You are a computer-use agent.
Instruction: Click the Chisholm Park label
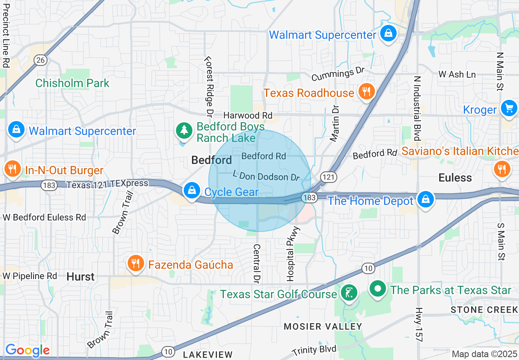(x=72, y=83)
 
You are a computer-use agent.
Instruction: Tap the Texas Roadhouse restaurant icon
(x=366, y=92)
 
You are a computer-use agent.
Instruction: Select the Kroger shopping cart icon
(x=509, y=108)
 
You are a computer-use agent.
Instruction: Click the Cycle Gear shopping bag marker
(x=191, y=190)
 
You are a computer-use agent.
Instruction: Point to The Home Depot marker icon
(x=426, y=200)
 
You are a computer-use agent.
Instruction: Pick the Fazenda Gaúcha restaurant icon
(x=135, y=263)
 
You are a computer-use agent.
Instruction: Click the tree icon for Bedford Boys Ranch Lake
(x=184, y=130)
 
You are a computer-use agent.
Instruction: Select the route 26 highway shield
(x=41, y=60)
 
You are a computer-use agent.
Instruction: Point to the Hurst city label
(x=81, y=277)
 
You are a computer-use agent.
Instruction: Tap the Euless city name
(x=455, y=178)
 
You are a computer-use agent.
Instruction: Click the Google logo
(x=27, y=350)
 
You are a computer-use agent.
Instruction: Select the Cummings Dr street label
(x=338, y=75)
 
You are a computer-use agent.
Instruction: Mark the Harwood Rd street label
(x=248, y=116)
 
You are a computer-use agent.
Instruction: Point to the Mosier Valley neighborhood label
(x=323, y=326)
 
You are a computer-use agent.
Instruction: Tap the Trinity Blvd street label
(x=314, y=350)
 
